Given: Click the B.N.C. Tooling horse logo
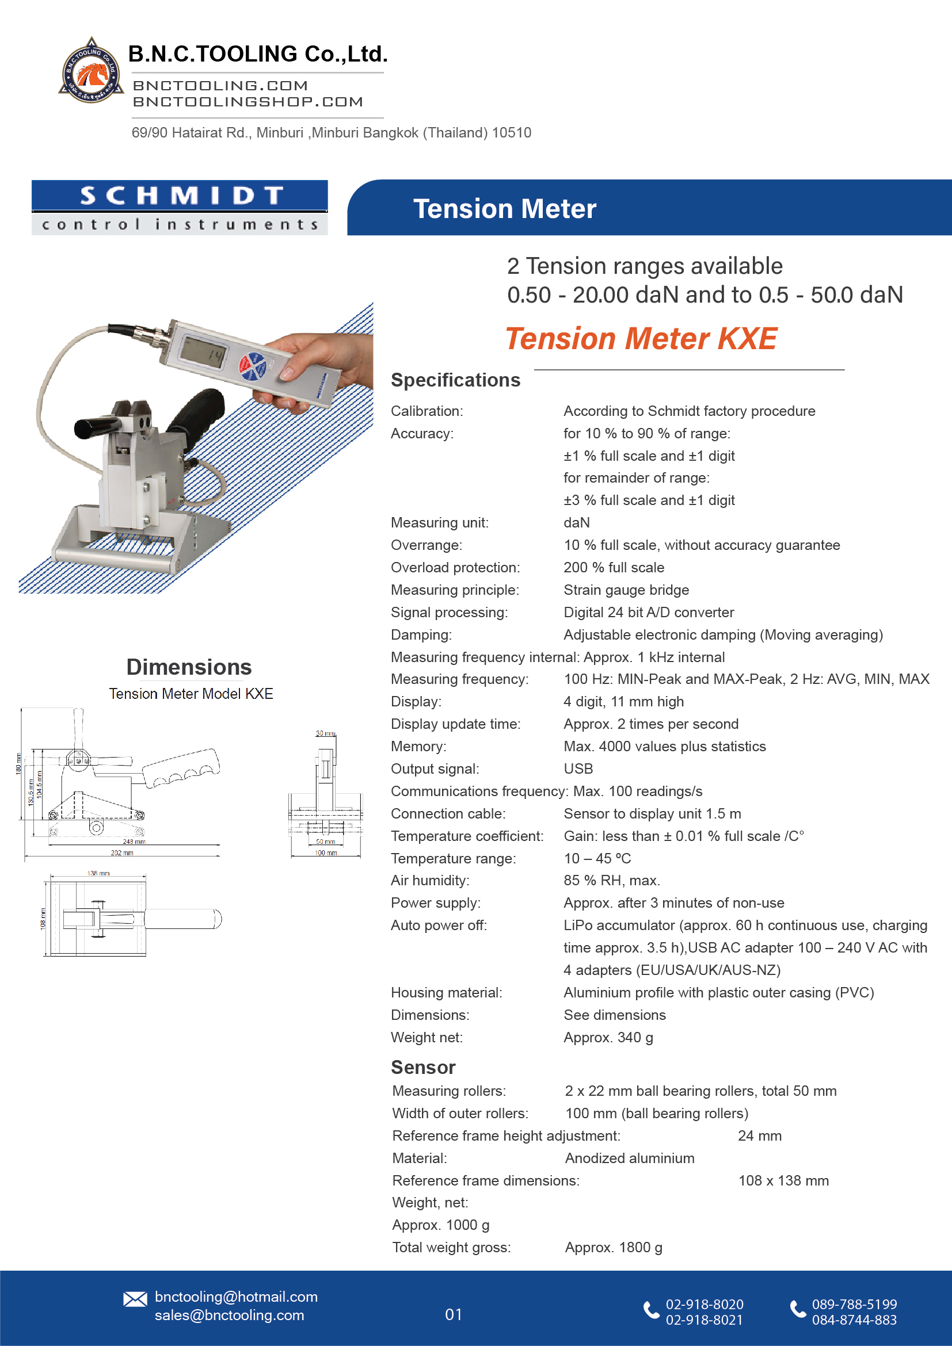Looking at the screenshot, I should pyautogui.click(x=92, y=71).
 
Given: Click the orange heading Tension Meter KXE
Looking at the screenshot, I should pyautogui.click(x=641, y=339).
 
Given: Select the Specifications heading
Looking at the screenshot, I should pyautogui.click(x=455, y=380).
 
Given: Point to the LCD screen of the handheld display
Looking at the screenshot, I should pyautogui.click(x=203, y=351).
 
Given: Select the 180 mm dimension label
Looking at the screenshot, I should pyautogui.click(x=19, y=764).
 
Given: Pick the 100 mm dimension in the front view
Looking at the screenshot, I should pyautogui.click(x=326, y=853).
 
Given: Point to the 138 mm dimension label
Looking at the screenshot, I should pyautogui.click(x=98, y=874).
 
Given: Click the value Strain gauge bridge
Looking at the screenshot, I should pyautogui.click(x=626, y=590).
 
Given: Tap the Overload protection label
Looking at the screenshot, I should pyautogui.click(x=455, y=568).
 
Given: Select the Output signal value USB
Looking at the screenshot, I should pyautogui.click(x=578, y=768).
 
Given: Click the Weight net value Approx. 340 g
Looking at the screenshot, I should pyautogui.click(x=608, y=1037).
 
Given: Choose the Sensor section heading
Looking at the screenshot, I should pyautogui.click(x=423, y=1068).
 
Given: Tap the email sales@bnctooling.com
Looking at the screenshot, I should pyautogui.click(x=229, y=1315).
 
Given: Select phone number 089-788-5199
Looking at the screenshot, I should pyautogui.click(x=854, y=1305).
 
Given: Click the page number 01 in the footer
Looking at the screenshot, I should pyautogui.click(x=454, y=1314).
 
